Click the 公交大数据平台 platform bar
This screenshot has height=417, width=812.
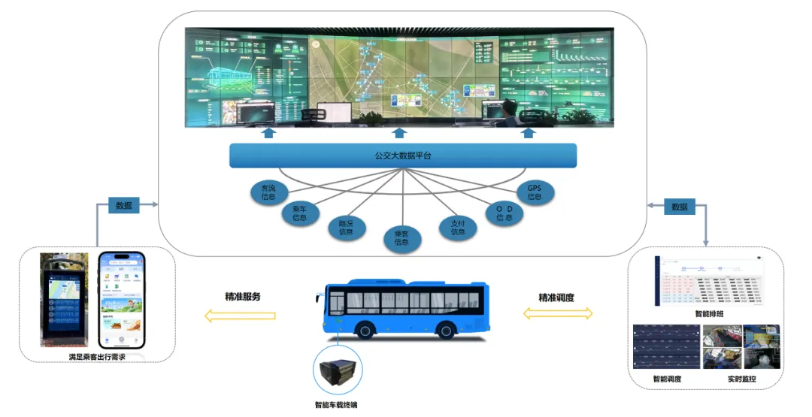[x=403, y=156]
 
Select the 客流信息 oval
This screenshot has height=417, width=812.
[x=268, y=192]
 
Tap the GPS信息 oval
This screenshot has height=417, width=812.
[x=535, y=192]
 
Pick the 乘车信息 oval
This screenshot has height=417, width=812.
[x=299, y=213]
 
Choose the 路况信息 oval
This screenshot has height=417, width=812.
[x=346, y=227]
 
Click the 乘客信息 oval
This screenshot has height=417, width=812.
[x=401, y=237]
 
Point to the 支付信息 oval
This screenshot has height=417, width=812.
[x=458, y=227]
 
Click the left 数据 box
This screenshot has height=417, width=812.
[x=124, y=206]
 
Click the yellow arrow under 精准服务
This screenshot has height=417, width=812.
[x=241, y=316]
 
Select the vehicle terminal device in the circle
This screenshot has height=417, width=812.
[x=337, y=371]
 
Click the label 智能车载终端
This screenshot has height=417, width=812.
[x=336, y=405]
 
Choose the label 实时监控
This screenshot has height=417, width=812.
[x=742, y=379]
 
